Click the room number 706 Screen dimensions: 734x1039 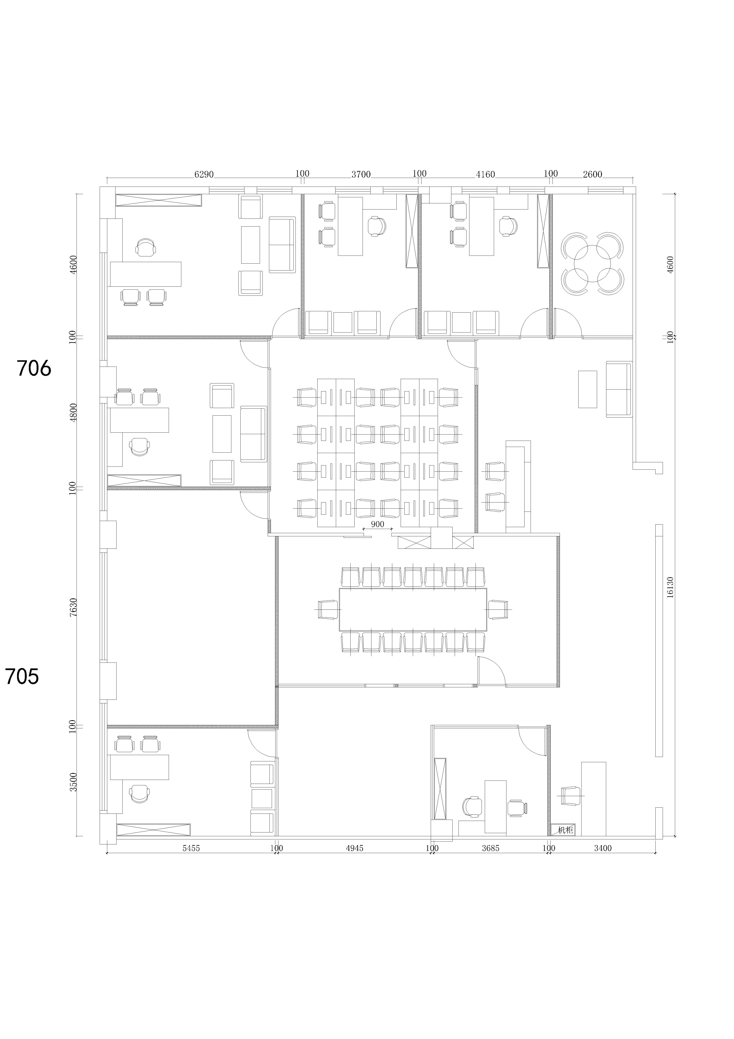pos(34,368)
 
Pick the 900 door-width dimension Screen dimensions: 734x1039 pos(377,525)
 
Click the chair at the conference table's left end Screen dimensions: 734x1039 pos(328,610)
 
